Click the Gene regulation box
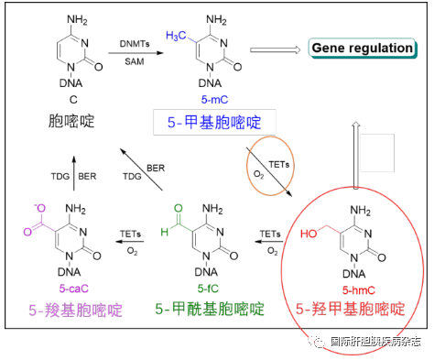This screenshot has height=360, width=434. point(363,49)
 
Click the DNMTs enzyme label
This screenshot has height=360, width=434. point(135,44)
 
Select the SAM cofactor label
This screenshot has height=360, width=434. point(135,61)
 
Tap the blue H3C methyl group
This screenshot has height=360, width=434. point(176,36)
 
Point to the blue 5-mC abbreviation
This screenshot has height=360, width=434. point(214,100)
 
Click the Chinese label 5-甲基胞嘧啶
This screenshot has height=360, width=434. point(214,123)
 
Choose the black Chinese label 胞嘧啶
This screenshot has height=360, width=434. point(71,121)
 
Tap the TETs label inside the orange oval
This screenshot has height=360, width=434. point(279,165)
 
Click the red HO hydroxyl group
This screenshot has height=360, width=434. point(309,234)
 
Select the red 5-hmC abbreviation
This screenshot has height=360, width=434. point(359,290)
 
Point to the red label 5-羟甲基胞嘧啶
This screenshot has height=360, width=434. point(351,309)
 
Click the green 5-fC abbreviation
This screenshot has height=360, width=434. point(208,289)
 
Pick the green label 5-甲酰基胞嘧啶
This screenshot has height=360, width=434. point(210,309)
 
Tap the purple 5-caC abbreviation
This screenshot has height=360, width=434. point(74,289)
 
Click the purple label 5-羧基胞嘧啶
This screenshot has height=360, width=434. point(75,311)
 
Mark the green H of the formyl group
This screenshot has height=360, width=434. point(165,232)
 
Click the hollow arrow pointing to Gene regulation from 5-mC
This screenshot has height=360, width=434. point(276,50)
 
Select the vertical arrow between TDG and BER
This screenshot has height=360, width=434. point(74,173)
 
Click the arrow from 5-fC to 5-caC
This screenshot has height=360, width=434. point(129,242)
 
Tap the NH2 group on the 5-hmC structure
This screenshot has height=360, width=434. point(361,211)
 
